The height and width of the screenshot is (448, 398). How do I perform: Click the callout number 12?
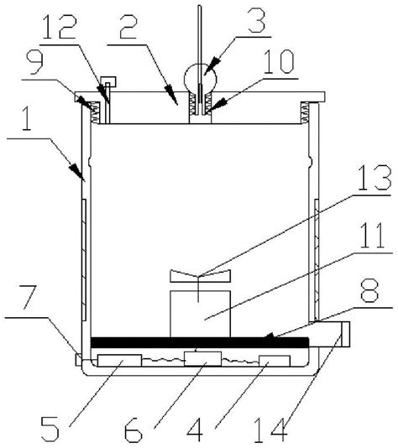(60, 27)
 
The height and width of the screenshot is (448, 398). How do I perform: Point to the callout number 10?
(278, 61)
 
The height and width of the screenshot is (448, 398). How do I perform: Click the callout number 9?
(35, 63)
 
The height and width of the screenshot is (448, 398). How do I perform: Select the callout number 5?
(50, 430)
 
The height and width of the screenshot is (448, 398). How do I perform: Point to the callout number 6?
(134, 430)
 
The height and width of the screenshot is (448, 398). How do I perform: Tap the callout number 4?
(195, 430)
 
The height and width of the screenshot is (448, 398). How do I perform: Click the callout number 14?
(270, 430)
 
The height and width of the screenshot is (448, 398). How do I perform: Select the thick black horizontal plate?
(200, 342)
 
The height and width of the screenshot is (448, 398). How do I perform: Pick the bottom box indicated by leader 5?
(119, 360)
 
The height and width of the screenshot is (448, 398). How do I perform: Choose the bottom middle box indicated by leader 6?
(202, 358)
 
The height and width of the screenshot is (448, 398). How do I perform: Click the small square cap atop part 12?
(107, 81)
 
